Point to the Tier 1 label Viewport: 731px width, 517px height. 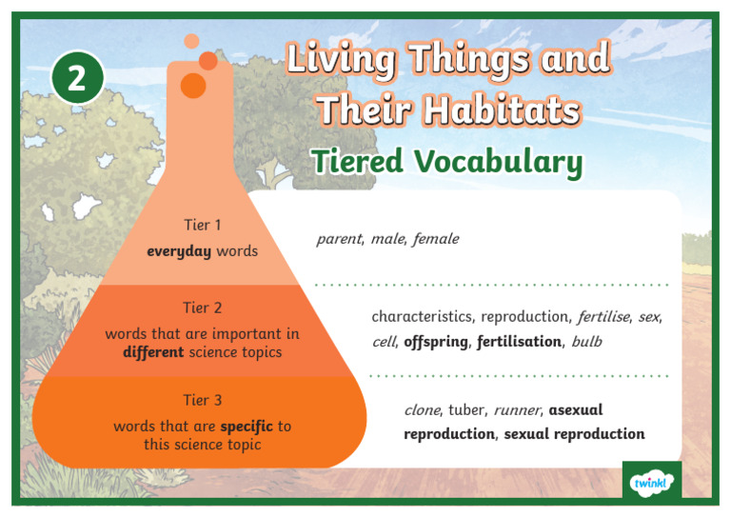point(202,226)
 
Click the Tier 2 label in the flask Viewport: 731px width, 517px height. point(202,308)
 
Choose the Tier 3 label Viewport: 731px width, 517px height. point(202,400)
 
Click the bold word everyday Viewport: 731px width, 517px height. point(179,251)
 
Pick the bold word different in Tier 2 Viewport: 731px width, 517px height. point(154,352)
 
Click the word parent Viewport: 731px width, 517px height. point(339,239)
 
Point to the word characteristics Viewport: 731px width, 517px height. point(422,316)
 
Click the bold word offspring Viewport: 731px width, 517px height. point(436,341)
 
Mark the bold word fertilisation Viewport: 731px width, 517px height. point(520,341)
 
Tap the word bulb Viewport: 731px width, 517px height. point(586,341)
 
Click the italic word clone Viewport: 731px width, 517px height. point(422,410)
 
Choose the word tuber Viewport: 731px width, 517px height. point(466,410)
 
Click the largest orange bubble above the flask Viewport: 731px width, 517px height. point(193,85)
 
